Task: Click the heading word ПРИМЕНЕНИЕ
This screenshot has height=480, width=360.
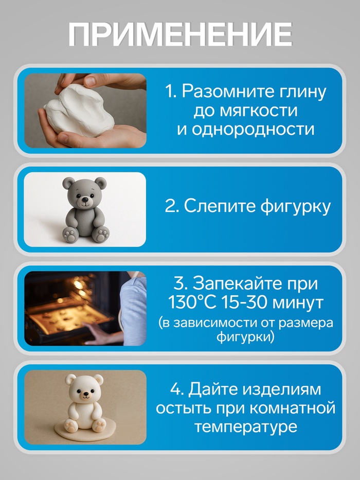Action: click(180, 34)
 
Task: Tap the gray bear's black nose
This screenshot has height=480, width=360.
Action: click(85, 201)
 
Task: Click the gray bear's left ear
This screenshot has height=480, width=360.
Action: click(68, 183)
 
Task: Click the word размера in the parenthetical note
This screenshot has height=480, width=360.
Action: click(306, 324)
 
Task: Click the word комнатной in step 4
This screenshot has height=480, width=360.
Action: click(296, 409)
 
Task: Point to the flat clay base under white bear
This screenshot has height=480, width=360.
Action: click(86, 429)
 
